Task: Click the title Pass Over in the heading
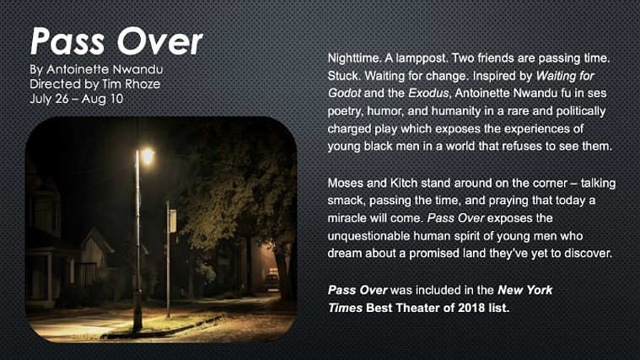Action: coord(116,41)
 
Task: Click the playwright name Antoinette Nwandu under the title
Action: coord(105,69)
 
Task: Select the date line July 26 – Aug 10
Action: coord(77,99)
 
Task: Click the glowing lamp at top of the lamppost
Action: coord(147,155)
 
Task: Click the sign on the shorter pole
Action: coord(173,220)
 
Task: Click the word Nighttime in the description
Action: coord(353,58)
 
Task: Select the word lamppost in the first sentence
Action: coord(422,58)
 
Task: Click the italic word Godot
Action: coord(344,93)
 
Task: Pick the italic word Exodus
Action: coord(428,93)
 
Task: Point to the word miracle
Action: coord(347,218)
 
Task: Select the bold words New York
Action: coord(524,290)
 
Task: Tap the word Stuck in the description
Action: coord(344,76)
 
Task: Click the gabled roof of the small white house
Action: coord(96,239)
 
